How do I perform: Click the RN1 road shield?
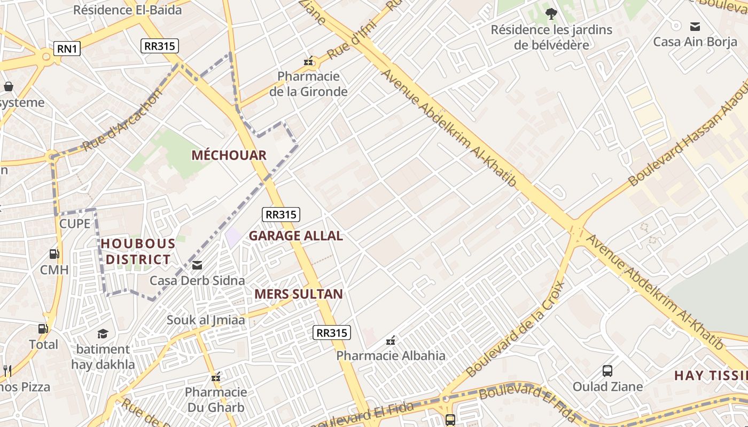[x=67, y=49]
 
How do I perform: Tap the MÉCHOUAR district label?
[x=229, y=155]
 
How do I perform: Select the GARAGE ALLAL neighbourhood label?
[x=295, y=236]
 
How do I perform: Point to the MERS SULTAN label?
[x=299, y=294]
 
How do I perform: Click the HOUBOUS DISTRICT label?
[x=138, y=252]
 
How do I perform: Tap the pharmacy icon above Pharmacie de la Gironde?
[x=308, y=61]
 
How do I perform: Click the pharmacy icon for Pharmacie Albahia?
[x=391, y=340]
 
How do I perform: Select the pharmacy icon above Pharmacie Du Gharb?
[x=216, y=377]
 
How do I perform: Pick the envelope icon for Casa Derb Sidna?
[x=197, y=265]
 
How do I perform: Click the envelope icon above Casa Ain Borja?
[x=695, y=26]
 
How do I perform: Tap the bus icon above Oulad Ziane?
[x=607, y=370]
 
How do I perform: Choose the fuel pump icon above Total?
[x=43, y=329]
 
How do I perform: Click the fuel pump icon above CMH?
[x=54, y=254]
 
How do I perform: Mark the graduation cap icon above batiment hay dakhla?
[x=103, y=334]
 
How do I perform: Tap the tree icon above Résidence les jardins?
[x=551, y=13]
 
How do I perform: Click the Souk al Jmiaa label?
[x=206, y=320]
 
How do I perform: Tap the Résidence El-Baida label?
[x=127, y=10]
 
